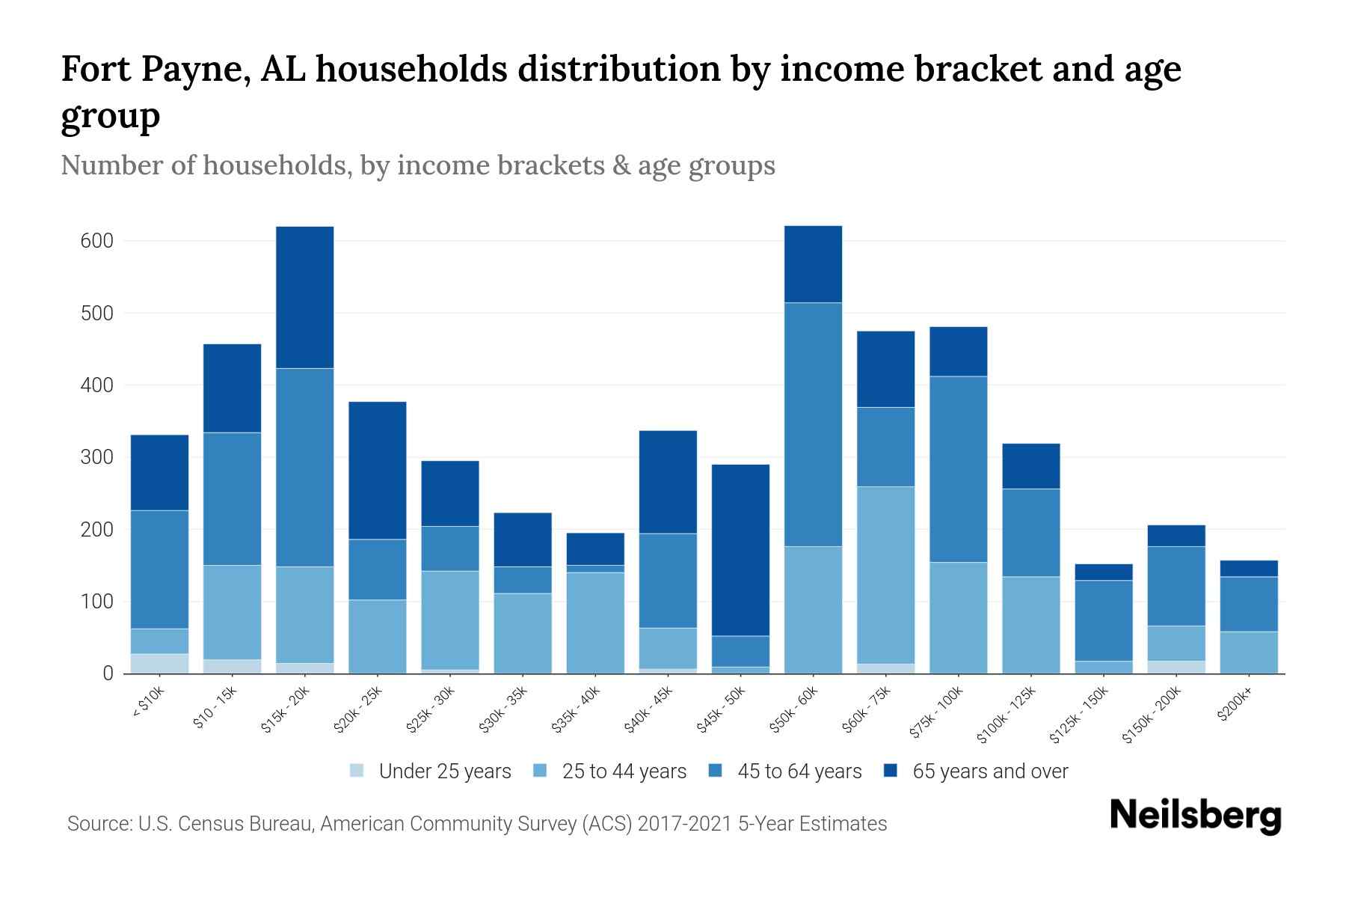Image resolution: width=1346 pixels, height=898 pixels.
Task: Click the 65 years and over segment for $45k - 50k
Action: (740, 550)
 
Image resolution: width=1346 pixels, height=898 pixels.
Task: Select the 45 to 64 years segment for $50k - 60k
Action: (813, 424)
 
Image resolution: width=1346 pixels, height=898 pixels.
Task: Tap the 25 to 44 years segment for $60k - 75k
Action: (885, 575)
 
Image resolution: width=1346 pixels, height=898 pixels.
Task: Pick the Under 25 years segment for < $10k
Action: (159, 664)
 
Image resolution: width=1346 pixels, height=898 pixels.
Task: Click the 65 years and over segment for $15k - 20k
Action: (304, 297)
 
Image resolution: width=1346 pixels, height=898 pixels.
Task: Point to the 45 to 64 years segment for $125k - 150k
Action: (1104, 620)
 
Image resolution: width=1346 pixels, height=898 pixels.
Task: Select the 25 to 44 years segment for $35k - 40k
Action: (595, 623)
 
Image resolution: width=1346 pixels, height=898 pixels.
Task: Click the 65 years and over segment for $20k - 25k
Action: (378, 470)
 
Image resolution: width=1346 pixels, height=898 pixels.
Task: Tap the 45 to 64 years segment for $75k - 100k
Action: (958, 469)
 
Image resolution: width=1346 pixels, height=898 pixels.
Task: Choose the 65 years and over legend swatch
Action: (891, 772)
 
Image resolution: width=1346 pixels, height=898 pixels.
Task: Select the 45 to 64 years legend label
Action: (799, 772)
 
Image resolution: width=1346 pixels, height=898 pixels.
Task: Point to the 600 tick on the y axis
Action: (97, 241)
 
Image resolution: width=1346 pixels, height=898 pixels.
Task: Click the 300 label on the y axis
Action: (97, 457)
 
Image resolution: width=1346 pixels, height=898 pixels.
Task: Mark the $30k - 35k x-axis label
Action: (504, 709)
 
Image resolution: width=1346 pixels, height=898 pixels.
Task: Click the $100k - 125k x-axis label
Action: (1007, 715)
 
